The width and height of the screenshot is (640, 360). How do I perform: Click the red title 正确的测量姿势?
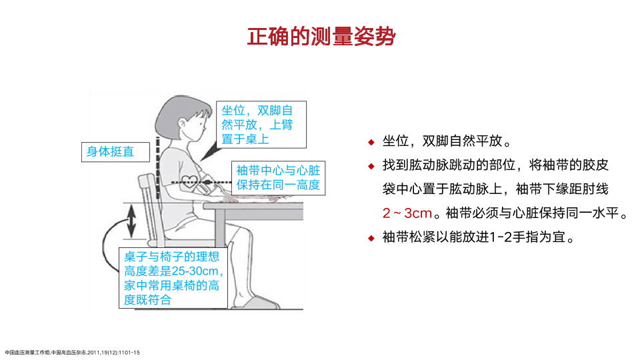[321, 37]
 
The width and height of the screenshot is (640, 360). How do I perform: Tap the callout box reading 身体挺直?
[115, 152]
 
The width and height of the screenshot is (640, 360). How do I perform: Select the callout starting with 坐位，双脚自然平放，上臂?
[261, 125]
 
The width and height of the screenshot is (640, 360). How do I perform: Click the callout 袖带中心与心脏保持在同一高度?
[279, 178]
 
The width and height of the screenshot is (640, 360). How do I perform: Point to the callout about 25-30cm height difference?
[173, 278]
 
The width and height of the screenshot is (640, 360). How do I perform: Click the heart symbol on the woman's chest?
[189, 181]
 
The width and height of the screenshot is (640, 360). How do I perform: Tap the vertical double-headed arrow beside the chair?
[131, 221]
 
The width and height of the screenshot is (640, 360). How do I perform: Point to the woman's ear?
[182, 123]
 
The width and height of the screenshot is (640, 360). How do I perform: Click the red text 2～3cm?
[407, 213]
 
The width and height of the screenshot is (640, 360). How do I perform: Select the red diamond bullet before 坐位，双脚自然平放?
[371, 142]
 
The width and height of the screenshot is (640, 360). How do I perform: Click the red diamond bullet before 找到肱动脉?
[371, 166]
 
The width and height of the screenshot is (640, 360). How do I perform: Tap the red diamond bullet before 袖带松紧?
[371, 238]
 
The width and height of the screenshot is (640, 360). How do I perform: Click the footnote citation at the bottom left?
[72, 352]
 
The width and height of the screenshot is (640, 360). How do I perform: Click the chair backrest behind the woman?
[149, 208]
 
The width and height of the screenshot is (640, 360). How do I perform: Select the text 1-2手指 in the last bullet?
[519, 237]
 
